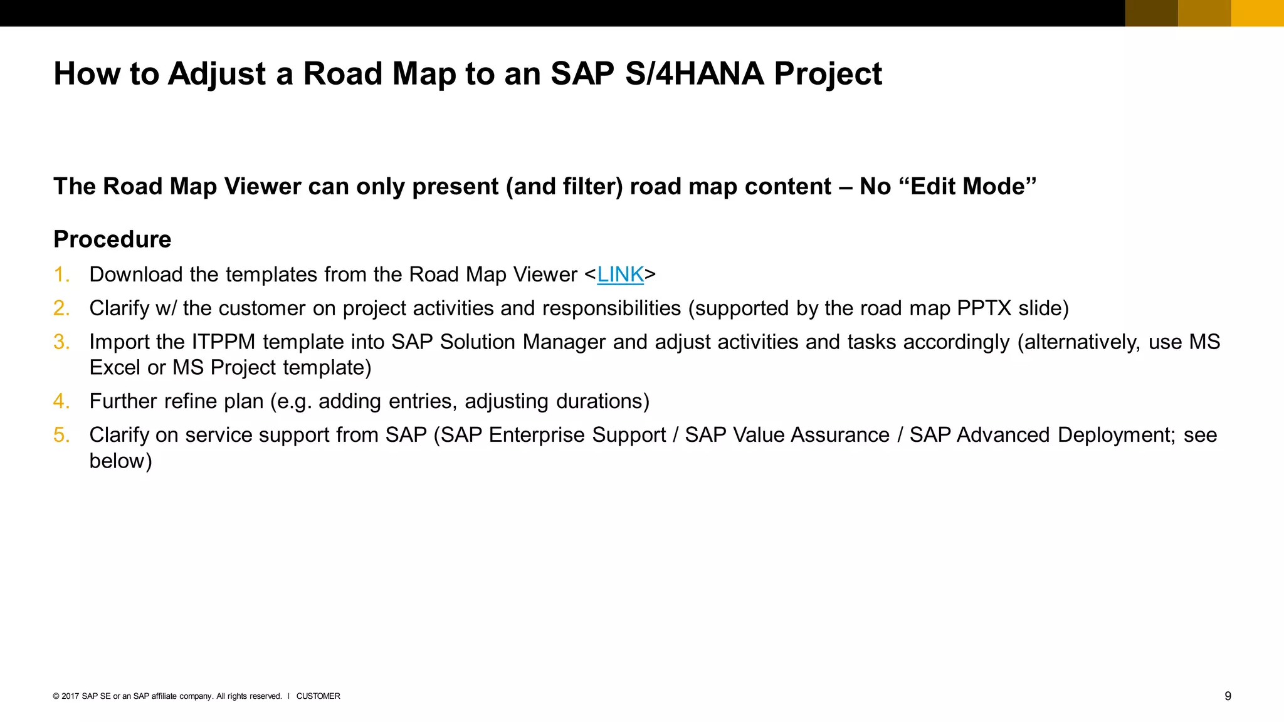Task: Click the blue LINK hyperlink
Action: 620,275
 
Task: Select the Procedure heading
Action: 112,239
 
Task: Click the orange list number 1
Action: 61,275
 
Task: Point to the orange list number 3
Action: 61,342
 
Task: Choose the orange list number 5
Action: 61,435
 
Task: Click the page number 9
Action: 1228,696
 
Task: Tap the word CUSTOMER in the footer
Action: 318,696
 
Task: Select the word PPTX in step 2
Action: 984,308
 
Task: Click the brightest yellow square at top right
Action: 1257,13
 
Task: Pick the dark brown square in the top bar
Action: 1151,13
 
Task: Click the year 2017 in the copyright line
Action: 70,696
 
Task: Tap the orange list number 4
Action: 61,401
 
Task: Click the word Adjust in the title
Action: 218,74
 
